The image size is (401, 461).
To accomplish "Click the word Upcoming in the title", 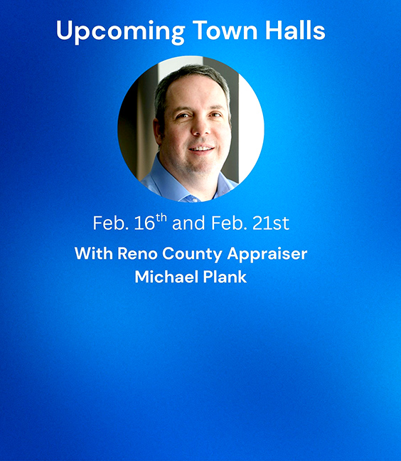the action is point(120,32).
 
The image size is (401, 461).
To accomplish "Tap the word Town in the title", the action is point(225,31).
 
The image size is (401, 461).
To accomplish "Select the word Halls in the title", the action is point(295,31).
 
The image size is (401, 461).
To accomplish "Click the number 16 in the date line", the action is point(144,223).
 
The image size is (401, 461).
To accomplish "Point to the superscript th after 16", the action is point(161,218).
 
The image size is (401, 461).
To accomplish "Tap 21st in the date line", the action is point(271,223).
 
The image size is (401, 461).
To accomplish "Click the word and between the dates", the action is point(188,223).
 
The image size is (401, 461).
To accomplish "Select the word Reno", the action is point(137,253).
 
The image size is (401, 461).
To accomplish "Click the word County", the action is point(192,255).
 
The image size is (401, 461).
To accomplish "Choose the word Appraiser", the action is point(267,255).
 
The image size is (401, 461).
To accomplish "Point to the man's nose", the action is point(201,127).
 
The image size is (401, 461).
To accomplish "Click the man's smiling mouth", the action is point(202,149).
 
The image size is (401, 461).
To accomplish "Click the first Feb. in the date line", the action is point(111,223).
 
